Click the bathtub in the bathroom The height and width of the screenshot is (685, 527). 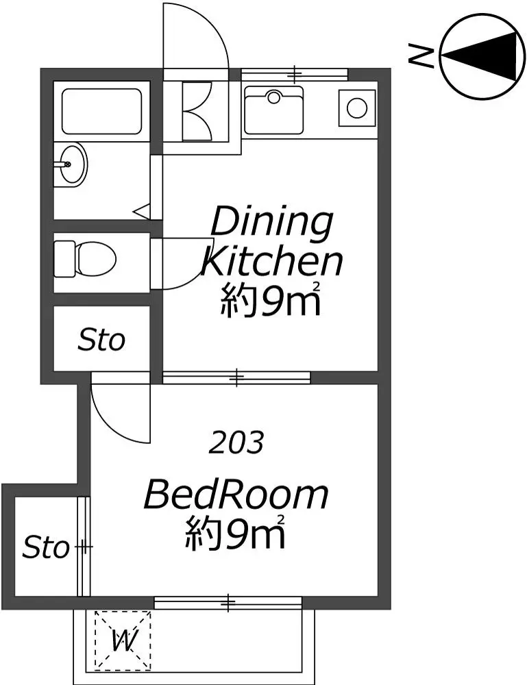(102, 112)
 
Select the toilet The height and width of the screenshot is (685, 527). (85, 259)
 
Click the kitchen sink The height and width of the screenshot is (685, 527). (273, 110)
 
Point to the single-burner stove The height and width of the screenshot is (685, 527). (357, 108)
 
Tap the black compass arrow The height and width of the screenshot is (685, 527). (482, 56)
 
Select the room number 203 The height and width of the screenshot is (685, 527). (236, 443)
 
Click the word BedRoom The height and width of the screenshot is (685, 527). (236, 495)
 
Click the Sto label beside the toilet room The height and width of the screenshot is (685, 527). (101, 340)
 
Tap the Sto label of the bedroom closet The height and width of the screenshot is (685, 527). (46, 547)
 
